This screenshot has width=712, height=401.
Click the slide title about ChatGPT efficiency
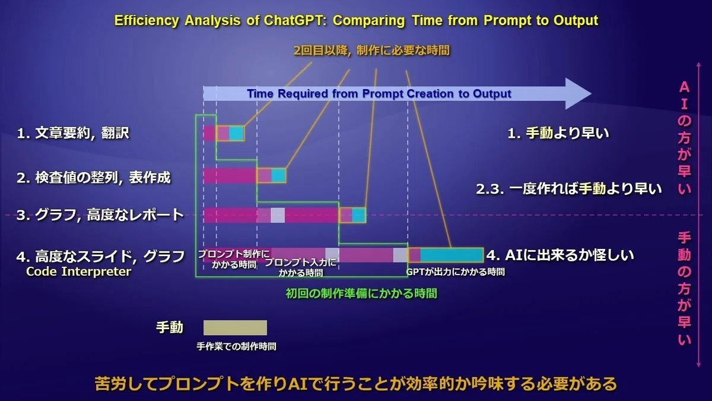pyautogui.click(x=356, y=20)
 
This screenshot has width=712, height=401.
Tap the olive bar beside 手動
pyautogui.click(x=235, y=327)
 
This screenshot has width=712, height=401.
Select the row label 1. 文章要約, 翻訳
pyautogui.click(x=73, y=133)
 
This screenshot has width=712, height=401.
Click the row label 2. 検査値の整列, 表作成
pyautogui.click(x=94, y=178)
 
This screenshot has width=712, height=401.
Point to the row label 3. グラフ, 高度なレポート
pyautogui.click(x=100, y=215)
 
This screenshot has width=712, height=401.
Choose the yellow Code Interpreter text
pyautogui.click(x=78, y=272)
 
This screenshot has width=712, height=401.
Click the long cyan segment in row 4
pyautogui.click(x=452, y=255)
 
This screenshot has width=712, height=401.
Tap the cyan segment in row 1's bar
pyautogui.click(x=237, y=133)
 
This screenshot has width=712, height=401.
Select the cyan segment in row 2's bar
pyautogui.click(x=278, y=175)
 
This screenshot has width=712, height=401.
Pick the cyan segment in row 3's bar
pyautogui.click(x=358, y=215)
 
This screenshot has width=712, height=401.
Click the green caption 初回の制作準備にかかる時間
pyautogui.click(x=361, y=293)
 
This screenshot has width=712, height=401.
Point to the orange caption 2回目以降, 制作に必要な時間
pyautogui.click(x=372, y=50)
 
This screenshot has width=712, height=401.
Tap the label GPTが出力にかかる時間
pyautogui.click(x=456, y=272)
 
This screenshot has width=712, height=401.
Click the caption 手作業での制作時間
pyautogui.click(x=236, y=346)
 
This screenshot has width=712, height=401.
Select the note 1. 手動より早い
pyautogui.click(x=558, y=133)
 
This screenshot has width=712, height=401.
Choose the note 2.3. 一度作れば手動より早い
pyautogui.click(x=569, y=189)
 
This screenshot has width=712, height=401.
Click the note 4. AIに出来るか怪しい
pyautogui.click(x=560, y=255)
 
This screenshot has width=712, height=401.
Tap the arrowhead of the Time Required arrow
pyautogui.click(x=578, y=94)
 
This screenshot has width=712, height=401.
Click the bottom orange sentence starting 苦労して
pyautogui.click(x=356, y=384)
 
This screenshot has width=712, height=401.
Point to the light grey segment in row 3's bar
pyautogui.click(x=278, y=215)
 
